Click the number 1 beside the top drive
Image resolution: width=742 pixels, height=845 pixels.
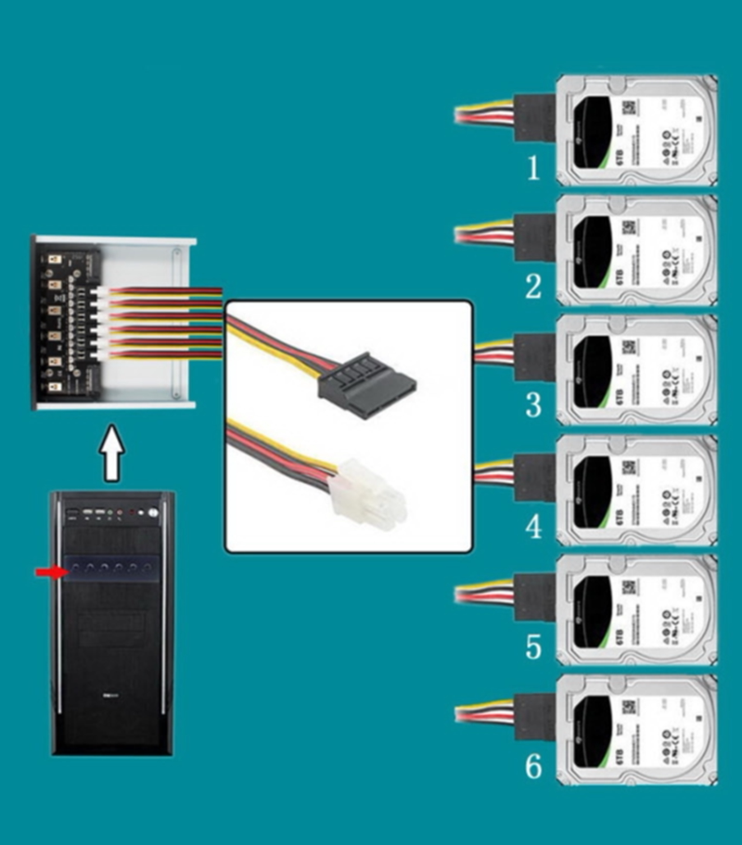(533, 168)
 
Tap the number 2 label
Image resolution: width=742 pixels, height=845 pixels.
(533, 287)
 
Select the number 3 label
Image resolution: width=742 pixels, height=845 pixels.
(533, 406)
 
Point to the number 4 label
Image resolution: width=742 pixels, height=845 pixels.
(533, 526)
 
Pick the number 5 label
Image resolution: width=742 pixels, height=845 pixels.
(533, 646)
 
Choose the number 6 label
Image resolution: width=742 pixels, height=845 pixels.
(533, 766)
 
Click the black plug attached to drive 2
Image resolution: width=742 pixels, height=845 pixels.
(533, 236)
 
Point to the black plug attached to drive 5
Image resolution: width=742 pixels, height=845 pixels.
(533, 595)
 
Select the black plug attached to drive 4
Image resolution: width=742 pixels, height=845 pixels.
(533, 476)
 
